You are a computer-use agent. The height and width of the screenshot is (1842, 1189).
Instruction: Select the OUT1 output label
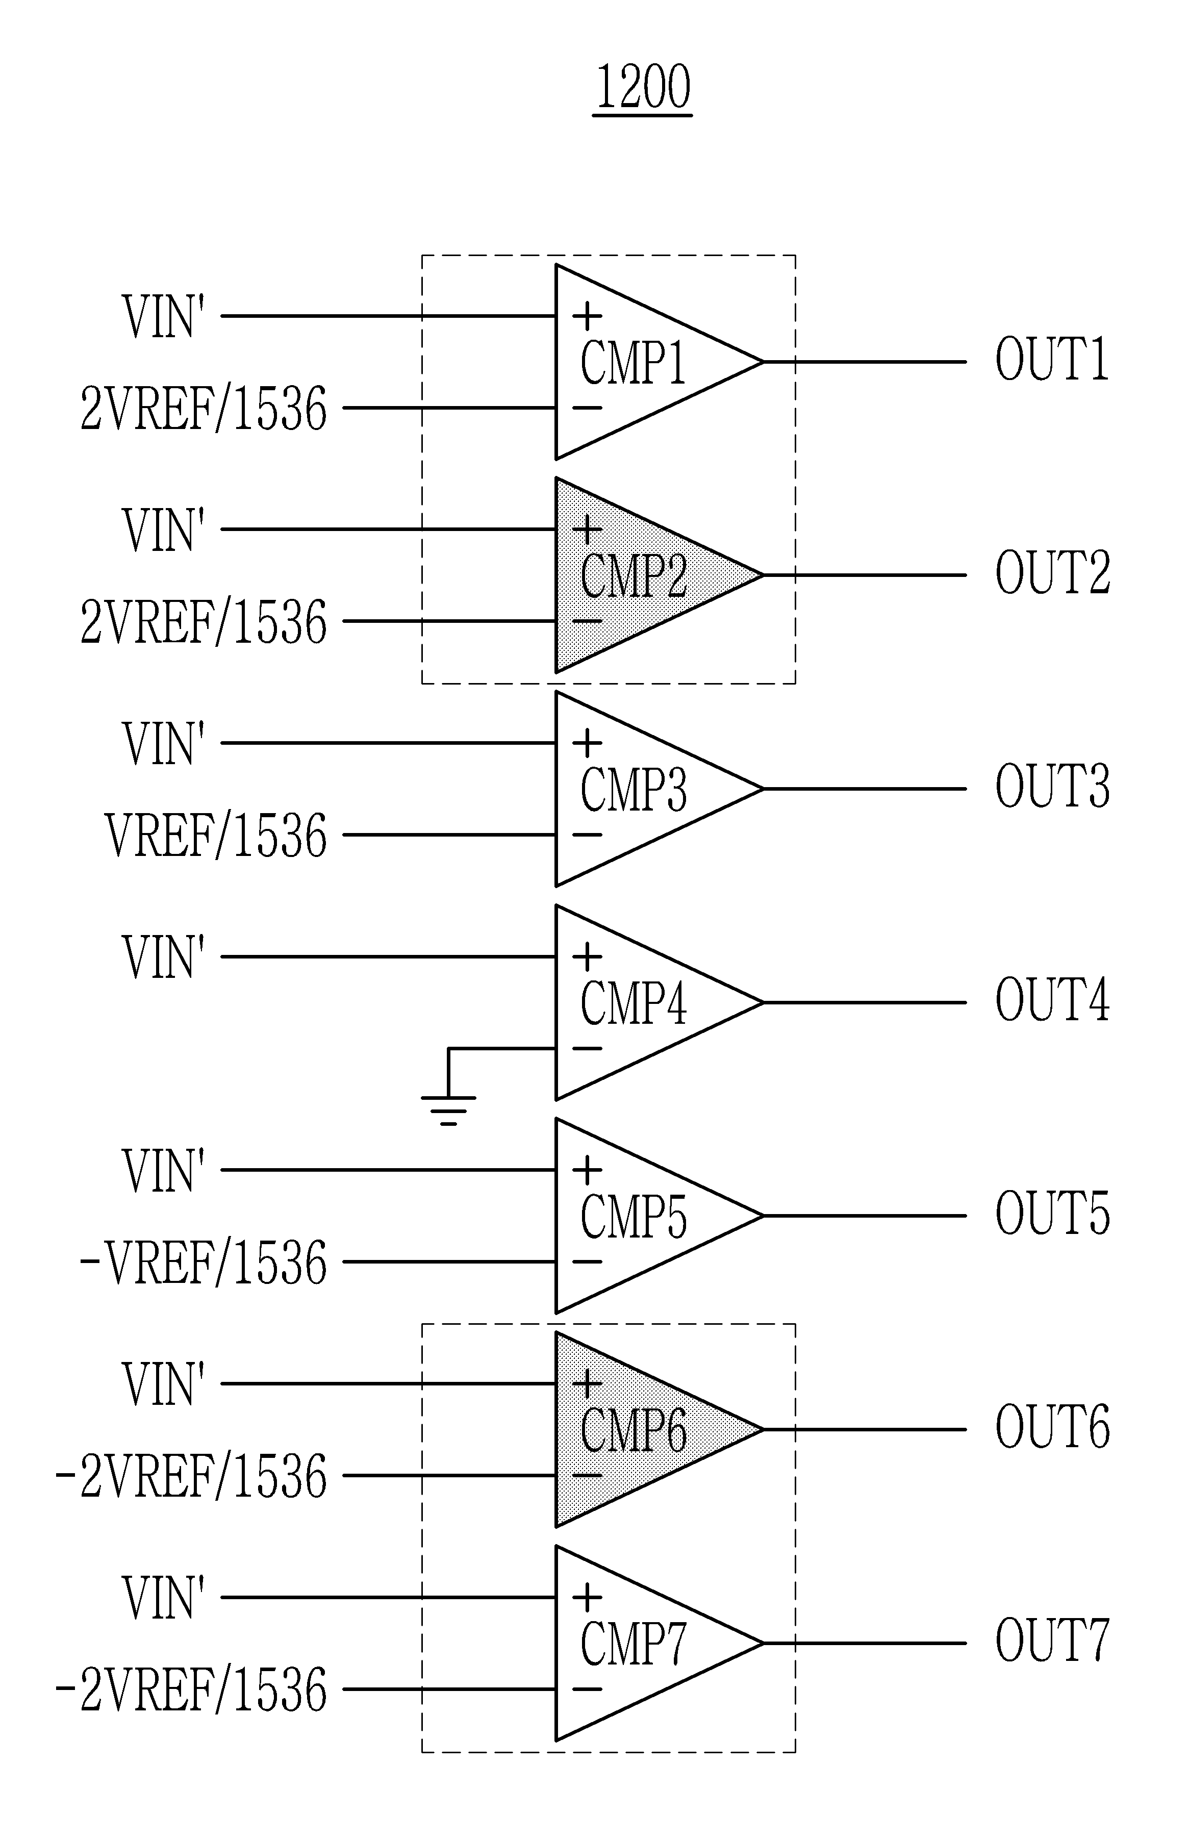pyautogui.click(x=1052, y=359)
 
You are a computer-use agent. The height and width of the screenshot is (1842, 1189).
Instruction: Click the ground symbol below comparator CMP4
pyautogui.click(x=448, y=1108)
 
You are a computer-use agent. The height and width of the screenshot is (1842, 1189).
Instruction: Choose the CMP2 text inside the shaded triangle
pyautogui.click(x=633, y=577)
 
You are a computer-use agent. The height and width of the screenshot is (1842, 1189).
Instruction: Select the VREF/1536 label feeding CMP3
pyautogui.click(x=216, y=836)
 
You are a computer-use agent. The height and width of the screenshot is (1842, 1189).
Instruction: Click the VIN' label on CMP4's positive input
pyautogui.click(x=163, y=957)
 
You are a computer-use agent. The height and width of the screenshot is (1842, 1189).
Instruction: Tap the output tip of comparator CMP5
pyautogui.click(x=763, y=1216)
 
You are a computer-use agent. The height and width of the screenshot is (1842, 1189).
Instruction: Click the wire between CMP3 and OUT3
pyautogui.click(x=865, y=789)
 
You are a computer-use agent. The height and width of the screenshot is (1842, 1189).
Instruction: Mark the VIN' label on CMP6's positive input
pyautogui.click(x=163, y=1384)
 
